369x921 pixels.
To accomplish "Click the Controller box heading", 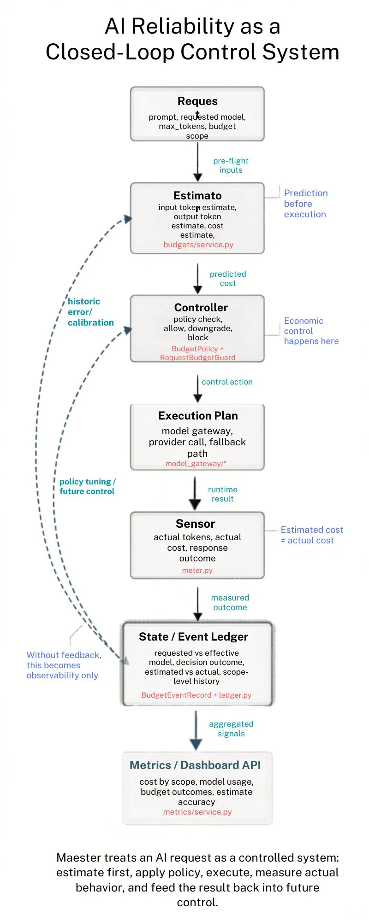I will coord(201,307).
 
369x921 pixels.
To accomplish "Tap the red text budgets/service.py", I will coord(198,245).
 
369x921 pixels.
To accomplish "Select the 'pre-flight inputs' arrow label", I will coord(231,165).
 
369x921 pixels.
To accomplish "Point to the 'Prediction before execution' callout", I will coord(305,204).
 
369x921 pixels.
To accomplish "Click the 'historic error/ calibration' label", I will coord(90,312).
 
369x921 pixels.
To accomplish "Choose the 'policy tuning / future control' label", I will coord(87,486).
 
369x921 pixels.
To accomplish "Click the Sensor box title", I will coord(195,524).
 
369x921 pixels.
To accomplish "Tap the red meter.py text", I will coord(197,570).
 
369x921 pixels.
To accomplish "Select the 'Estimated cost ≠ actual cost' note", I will coord(311,535).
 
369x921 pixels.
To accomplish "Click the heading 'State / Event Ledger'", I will coord(193,636).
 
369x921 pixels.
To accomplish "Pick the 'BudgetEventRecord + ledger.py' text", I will coord(196,695).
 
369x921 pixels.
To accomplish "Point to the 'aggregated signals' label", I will coord(231,729).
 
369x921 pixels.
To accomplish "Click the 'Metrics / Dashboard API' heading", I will coord(195,765).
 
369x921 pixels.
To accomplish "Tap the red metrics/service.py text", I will coord(197,812).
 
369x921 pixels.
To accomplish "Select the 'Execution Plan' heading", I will coord(198,415).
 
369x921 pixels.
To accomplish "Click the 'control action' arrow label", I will coord(227,382).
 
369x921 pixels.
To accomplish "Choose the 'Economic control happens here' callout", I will coord(310,331).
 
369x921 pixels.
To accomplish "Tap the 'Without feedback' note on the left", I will coord(63,665).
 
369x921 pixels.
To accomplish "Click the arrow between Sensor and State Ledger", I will coord(197,603).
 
